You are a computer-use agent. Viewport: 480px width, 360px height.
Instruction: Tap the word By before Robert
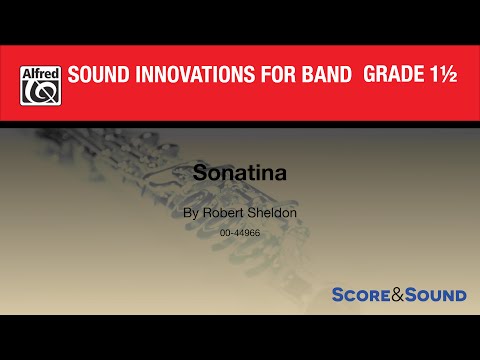pos(190,213)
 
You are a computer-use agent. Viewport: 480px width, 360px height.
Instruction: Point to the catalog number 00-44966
pos(241,232)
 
